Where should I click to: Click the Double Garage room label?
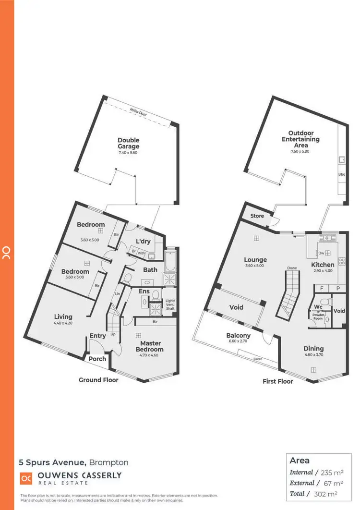[x=129, y=143]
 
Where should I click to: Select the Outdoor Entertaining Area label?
[x=301, y=139]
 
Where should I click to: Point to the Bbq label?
[x=342, y=175]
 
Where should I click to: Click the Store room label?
[x=257, y=216]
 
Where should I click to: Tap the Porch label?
[x=98, y=359]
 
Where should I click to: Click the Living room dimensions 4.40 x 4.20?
[x=63, y=323]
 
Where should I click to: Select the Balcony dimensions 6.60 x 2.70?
[x=239, y=342]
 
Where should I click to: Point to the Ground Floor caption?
[x=98, y=380]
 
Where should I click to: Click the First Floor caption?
[x=278, y=381]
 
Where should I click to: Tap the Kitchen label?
[x=323, y=265]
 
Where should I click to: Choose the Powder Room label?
[x=318, y=316]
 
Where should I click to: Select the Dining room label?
[x=313, y=349]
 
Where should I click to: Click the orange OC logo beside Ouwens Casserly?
[x=25, y=478]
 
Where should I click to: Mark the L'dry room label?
[x=143, y=241]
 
